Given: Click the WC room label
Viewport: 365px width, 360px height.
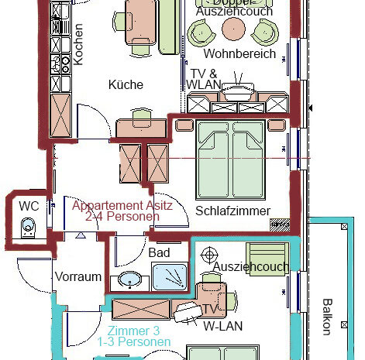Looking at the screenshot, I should pyautogui.click(x=29, y=206).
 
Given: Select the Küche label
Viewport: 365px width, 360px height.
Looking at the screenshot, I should pyautogui.click(x=126, y=84).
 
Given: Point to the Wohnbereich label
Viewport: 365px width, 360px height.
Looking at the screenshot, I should pyautogui.click(x=239, y=54).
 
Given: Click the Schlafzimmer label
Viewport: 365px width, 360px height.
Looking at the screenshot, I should pyautogui.click(x=232, y=211).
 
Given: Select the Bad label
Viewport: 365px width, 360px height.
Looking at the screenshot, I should pyautogui.click(x=159, y=252).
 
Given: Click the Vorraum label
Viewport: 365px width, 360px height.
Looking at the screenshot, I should pyautogui.click(x=77, y=276).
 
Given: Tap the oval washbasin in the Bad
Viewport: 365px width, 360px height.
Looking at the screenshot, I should pyautogui.click(x=130, y=279).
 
